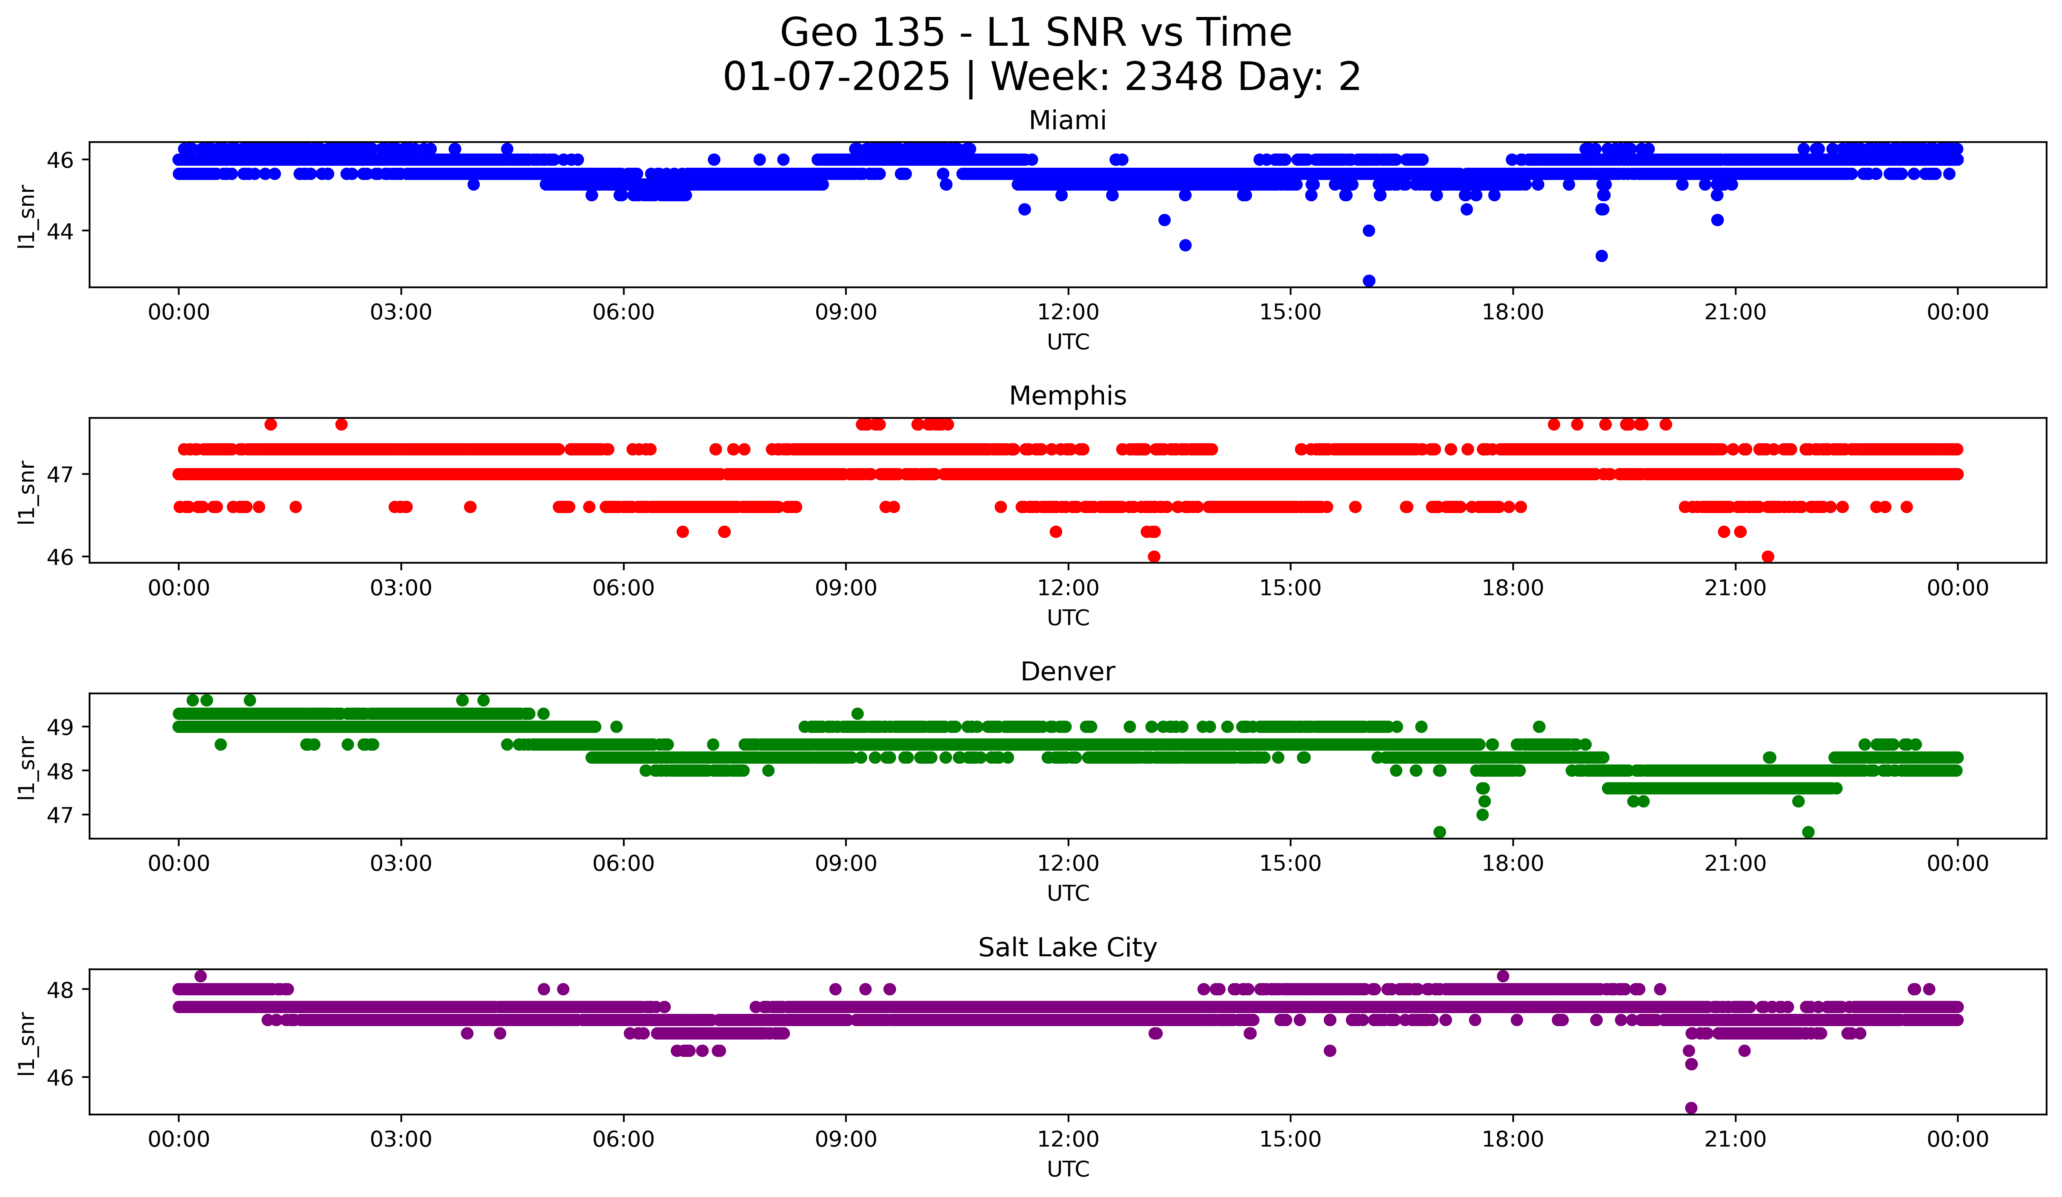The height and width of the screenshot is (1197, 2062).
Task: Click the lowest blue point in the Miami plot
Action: point(1369,281)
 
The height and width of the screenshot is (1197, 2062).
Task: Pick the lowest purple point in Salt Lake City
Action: point(1692,1108)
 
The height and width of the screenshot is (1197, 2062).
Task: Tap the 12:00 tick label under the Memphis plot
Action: point(1068,588)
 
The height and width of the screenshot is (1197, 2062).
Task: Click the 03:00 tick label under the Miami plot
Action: point(401,312)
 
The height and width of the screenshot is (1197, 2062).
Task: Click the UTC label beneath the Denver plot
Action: point(1068,894)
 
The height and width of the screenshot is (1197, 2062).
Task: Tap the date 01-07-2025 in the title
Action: point(836,77)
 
